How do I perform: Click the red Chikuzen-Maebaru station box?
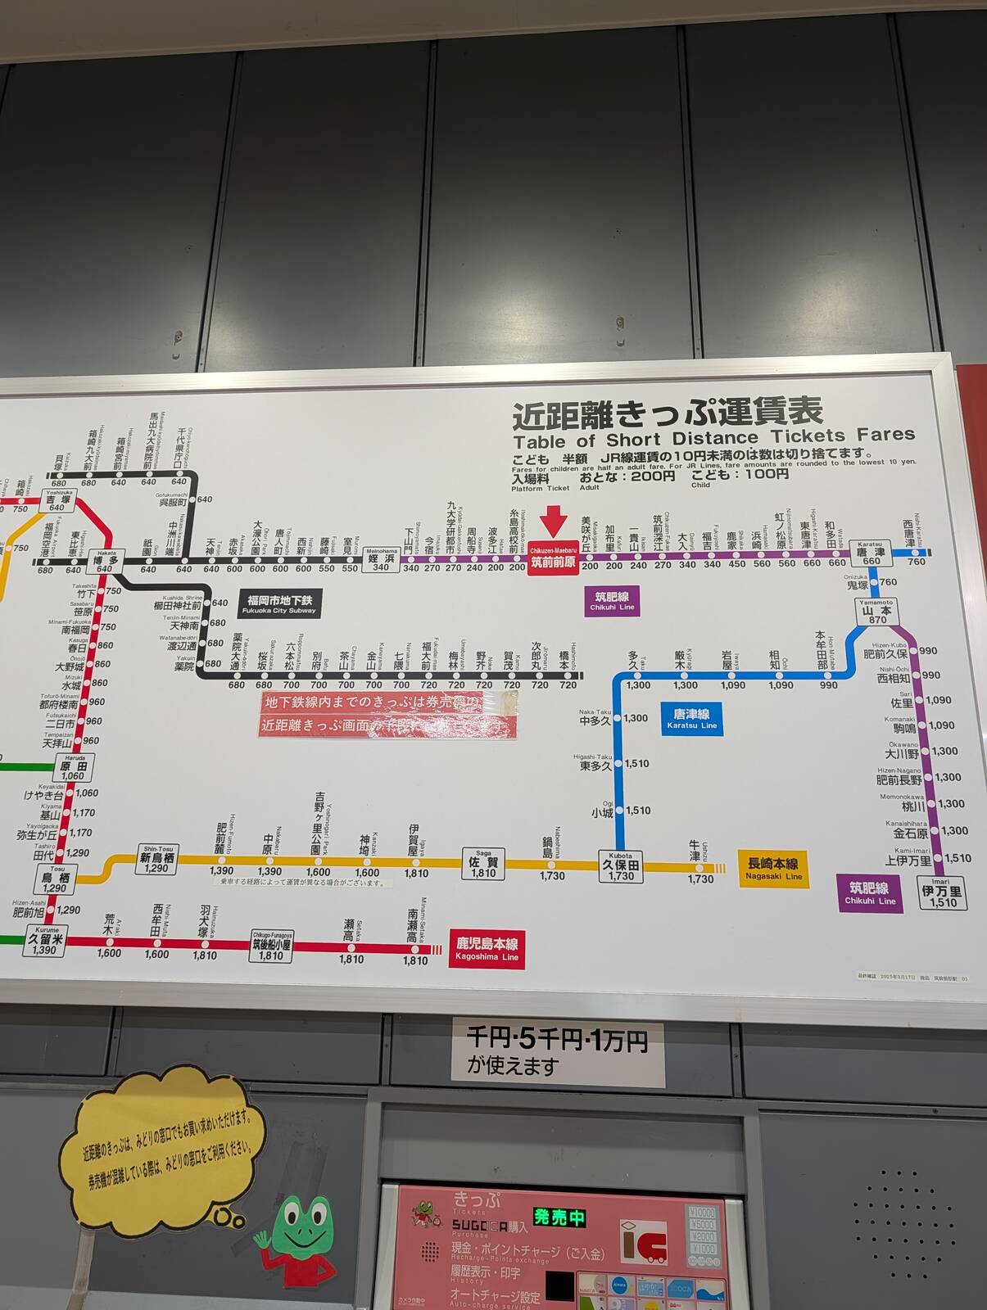[x=553, y=558]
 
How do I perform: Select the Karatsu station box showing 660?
[x=870, y=553]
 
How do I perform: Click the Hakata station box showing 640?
[x=105, y=562]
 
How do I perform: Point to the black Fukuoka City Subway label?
[x=279, y=603]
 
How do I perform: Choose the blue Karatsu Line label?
[x=691, y=719]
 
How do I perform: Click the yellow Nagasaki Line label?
[x=773, y=869]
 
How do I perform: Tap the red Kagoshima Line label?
[x=487, y=949]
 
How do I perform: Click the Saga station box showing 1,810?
[x=483, y=864]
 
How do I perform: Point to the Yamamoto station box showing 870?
[x=876, y=612]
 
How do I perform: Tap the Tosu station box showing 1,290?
[x=55, y=880]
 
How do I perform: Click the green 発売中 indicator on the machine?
[x=559, y=1217]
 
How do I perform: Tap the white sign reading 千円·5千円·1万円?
[x=557, y=1051]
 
